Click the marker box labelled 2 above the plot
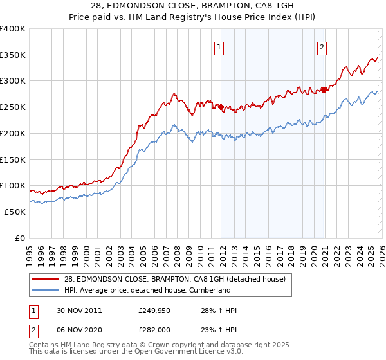coord(321,46)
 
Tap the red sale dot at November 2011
coord(221,107)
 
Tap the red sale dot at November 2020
coord(324,90)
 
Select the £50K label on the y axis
coord(15,212)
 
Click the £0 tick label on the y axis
coord(20,238)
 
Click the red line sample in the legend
coord(45,278)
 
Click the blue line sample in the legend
coord(45,290)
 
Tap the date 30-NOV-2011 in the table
coord(79,310)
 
